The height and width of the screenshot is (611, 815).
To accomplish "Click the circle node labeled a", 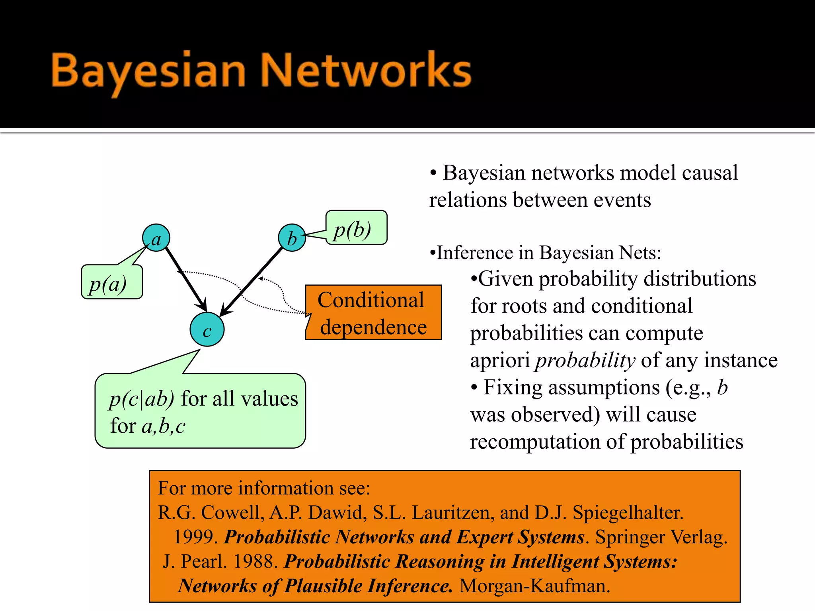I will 156,237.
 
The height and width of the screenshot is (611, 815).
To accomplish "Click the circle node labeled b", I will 292,237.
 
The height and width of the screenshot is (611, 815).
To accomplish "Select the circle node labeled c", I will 207,329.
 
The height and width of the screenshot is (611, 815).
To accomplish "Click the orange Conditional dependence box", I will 373,313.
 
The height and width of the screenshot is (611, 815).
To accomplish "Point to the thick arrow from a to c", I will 185,278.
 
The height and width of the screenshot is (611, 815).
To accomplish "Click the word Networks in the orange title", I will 366,71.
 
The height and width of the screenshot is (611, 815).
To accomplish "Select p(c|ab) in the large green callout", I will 142,399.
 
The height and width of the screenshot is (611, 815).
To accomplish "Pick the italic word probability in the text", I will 585,360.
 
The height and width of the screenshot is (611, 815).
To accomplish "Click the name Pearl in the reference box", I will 203,562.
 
